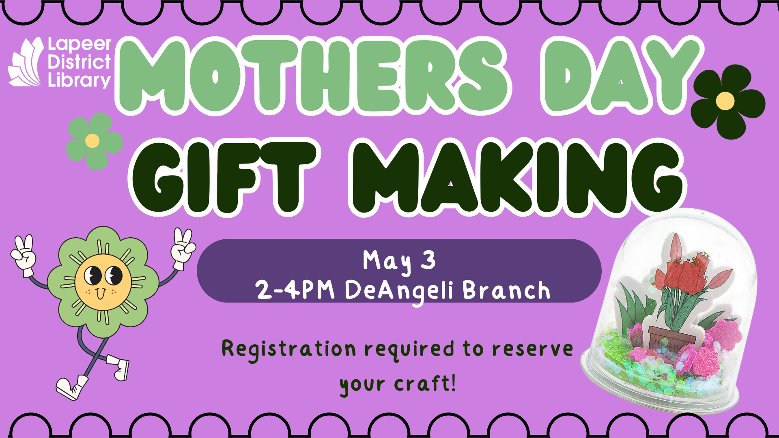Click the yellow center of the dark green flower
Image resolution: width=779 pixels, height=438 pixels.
point(725,101)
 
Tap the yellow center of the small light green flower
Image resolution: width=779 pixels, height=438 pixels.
point(93,141)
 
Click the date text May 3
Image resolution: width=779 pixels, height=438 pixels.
point(399,261)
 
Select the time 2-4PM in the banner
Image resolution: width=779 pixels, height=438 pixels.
point(295,290)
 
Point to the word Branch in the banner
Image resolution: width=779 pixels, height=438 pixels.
point(506,290)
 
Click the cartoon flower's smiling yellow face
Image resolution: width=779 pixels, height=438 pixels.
point(103,282)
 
